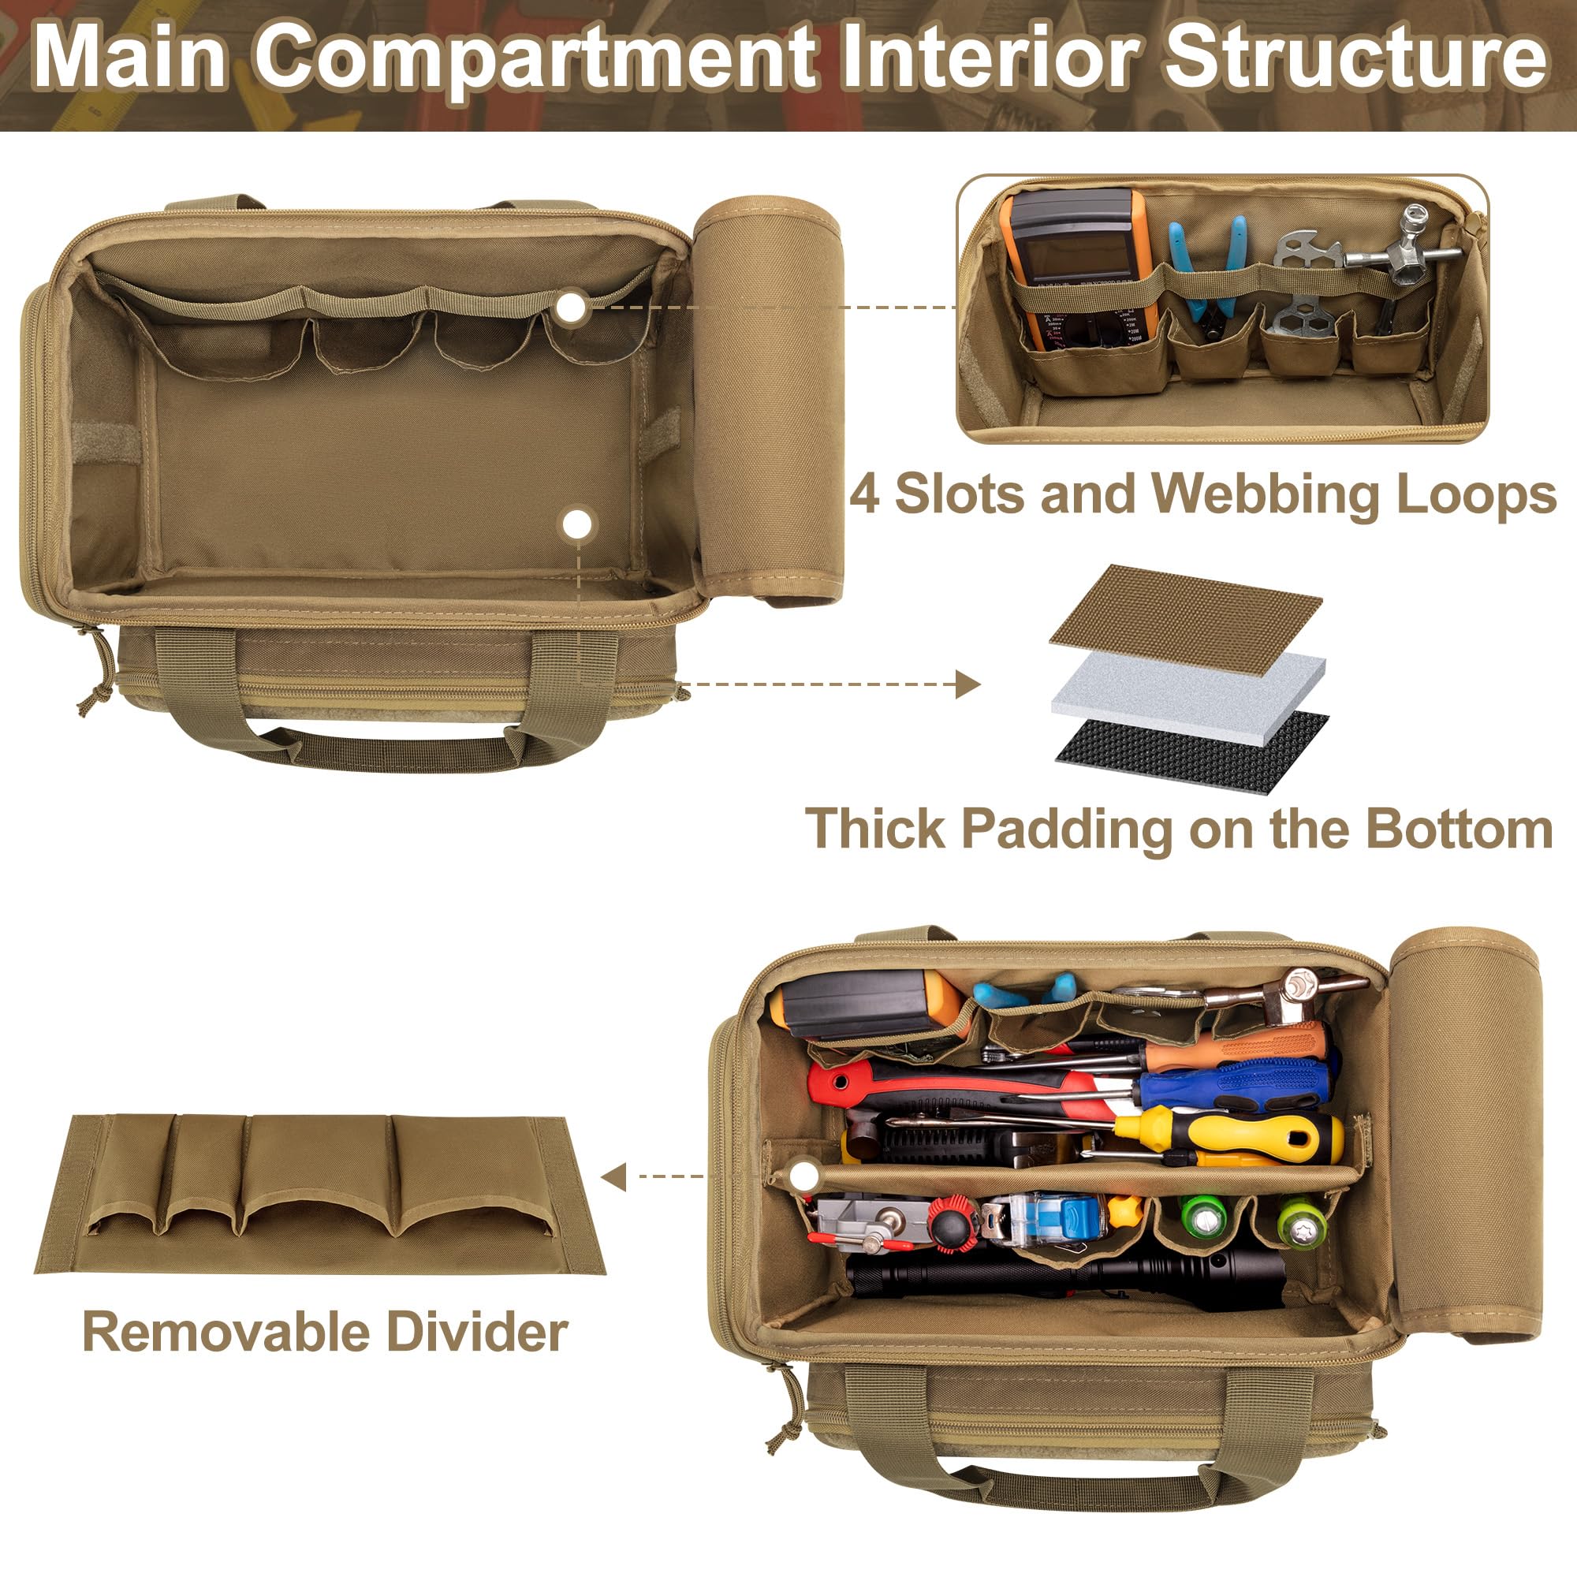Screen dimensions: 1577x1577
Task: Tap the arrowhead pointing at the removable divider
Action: coord(613,1177)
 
